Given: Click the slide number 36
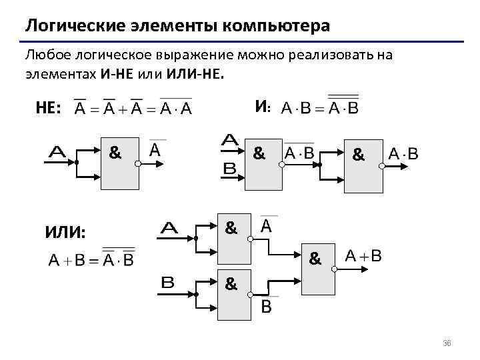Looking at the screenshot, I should tap(447, 343).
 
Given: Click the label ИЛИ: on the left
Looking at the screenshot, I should tap(65, 233).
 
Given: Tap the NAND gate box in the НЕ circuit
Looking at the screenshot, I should tap(120, 165).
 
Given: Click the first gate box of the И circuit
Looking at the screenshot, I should tap(264, 165).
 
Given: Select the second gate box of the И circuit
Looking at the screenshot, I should tap(363, 166).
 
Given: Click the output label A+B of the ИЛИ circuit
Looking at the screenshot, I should tap(364, 256).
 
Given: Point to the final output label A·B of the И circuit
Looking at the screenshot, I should tap(403, 155).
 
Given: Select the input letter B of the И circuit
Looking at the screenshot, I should tap(230, 170).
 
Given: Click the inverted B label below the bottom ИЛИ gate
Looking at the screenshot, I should tap(266, 306).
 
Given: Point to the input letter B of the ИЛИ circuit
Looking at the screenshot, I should tap(168, 282).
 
